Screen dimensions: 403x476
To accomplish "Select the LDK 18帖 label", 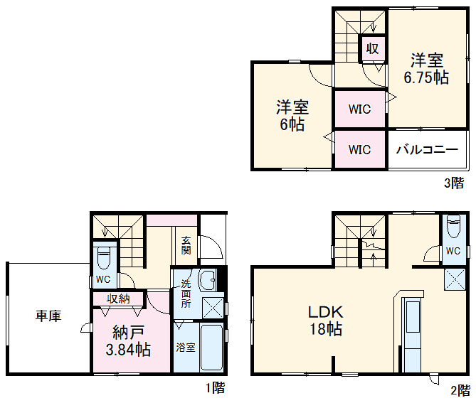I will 325,321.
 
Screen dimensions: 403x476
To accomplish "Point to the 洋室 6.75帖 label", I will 426,69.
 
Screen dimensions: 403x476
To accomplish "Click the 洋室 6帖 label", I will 292,115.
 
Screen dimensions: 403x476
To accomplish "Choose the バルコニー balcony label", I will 426,150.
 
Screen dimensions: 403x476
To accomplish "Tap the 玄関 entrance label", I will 186,245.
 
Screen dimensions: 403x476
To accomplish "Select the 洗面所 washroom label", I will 186,293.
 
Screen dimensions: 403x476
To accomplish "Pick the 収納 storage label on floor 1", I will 118,298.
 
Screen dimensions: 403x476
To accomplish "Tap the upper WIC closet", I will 359,109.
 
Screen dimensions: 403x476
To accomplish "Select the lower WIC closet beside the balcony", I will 359,150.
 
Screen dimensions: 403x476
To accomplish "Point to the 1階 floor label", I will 215,388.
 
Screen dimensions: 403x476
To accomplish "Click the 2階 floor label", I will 460,389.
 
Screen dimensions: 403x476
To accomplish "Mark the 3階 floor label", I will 454,183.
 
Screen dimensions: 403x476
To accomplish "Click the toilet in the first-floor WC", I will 102,256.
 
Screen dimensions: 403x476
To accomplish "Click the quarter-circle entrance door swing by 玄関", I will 209,247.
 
